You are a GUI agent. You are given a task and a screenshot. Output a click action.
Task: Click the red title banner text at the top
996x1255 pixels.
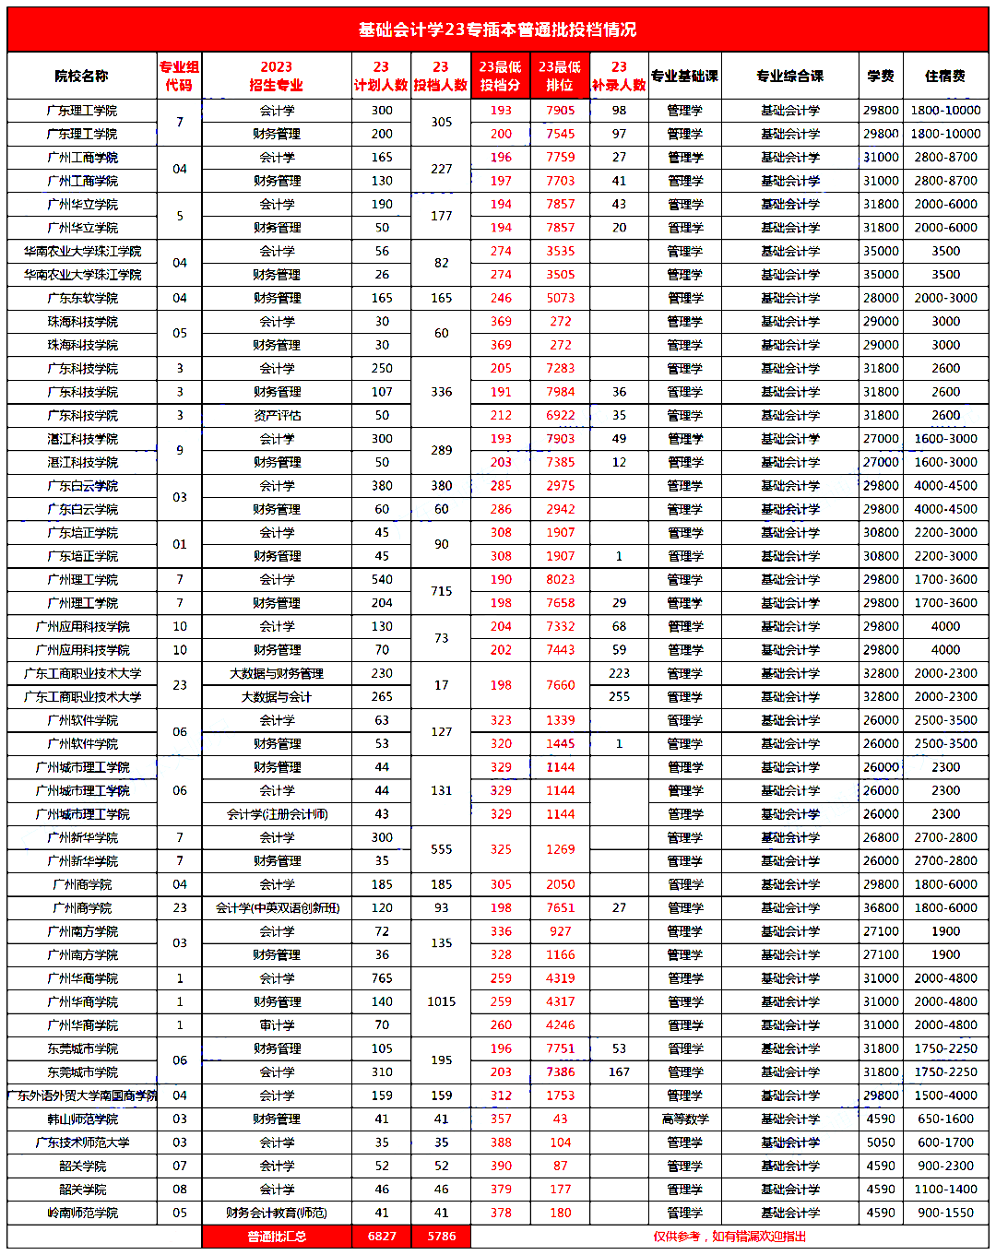coord(497,30)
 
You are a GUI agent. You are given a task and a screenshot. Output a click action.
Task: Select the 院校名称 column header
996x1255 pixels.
coord(82,76)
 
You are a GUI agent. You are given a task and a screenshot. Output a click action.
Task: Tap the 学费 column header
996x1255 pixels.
coord(881,76)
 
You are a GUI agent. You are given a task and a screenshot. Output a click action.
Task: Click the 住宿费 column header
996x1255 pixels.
coord(945,76)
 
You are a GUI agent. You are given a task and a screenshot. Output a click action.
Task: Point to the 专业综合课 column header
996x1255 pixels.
coord(789,76)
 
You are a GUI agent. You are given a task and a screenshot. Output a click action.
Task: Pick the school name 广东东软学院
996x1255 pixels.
coord(82,298)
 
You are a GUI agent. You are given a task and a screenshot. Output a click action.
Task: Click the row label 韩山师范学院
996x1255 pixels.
coord(82,1119)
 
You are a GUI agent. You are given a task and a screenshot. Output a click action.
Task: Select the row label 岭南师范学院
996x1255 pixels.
coord(82,1213)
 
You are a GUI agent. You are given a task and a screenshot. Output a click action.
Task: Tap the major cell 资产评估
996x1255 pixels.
coord(277,415)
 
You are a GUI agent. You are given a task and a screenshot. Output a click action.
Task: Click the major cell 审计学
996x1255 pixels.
coord(277,1024)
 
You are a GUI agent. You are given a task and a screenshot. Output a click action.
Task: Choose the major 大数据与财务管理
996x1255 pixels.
coord(277,673)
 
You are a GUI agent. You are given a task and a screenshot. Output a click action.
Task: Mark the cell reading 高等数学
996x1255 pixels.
coord(685,1119)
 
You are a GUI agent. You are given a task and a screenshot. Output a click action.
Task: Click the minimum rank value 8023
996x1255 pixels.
coord(560,579)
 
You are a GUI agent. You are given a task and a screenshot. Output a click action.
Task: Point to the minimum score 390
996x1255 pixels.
coord(501,1166)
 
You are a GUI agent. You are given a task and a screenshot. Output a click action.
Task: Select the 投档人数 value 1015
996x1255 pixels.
coord(441,1001)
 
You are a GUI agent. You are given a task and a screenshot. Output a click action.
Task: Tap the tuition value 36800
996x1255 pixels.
coord(881,907)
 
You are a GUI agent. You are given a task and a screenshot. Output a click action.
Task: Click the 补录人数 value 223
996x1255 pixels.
coord(619,673)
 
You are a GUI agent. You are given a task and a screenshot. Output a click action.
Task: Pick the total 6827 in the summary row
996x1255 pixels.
coord(382,1236)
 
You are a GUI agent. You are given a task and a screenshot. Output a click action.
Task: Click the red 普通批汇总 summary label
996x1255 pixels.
coord(277,1236)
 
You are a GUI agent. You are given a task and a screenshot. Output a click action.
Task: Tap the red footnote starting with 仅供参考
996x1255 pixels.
coord(729,1236)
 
